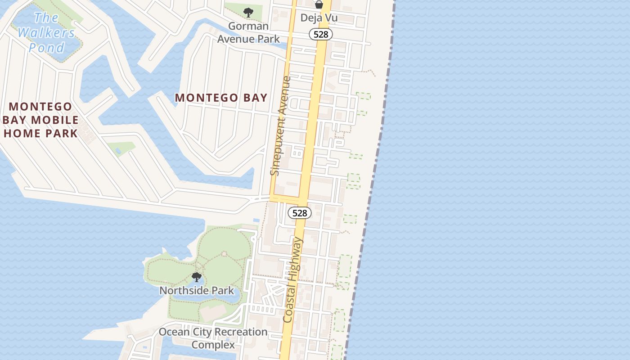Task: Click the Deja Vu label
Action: coord(319,18)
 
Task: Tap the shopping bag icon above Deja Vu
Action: coord(319,5)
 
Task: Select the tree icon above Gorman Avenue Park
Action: coord(247,13)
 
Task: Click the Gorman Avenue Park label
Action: coord(248,32)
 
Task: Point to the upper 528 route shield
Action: coord(321,34)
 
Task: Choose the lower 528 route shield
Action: coord(299,213)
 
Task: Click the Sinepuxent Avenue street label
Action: coord(281,126)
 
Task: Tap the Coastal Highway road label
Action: coord(293,280)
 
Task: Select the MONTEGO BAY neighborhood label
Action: coord(221,98)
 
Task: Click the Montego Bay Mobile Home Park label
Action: coord(40,120)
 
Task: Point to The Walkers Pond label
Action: coord(46,32)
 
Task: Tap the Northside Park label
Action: coord(197,291)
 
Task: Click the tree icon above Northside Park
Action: coord(196,277)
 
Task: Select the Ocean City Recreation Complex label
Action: coord(213,338)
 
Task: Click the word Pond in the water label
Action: coord(47,47)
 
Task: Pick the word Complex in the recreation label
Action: coord(213,345)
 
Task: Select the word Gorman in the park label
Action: coord(248,26)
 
